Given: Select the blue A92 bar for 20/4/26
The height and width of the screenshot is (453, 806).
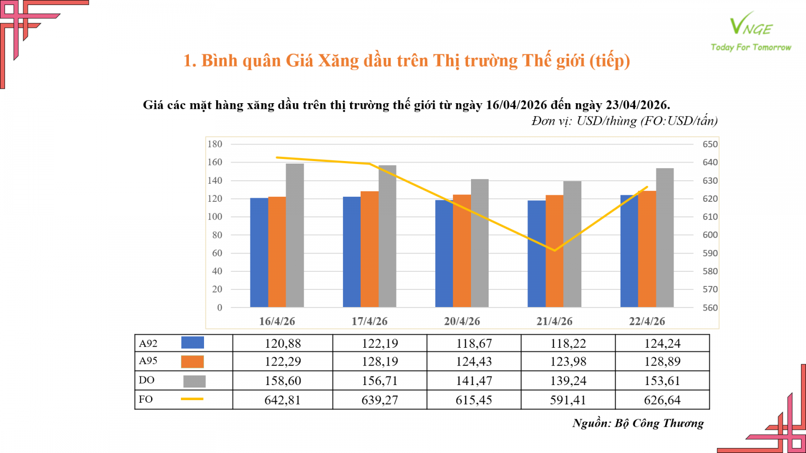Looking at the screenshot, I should [x=444, y=254].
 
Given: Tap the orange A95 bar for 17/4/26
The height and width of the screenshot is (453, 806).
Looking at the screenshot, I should [x=369, y=249].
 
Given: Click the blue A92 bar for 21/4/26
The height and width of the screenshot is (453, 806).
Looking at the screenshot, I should [x=536, y=254].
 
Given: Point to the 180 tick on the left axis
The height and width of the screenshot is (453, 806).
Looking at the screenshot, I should [x=215, y=144].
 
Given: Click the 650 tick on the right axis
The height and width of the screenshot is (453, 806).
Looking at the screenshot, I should [x=710, y=144].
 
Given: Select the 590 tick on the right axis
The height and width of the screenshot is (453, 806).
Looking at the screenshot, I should [x=710, y=253].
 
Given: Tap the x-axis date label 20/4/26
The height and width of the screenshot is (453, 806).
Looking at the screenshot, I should [x=462, y=321].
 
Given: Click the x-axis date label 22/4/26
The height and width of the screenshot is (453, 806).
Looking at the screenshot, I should [x=647, y=321].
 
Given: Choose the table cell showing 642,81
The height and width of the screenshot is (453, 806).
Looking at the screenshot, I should [x=283, y=400].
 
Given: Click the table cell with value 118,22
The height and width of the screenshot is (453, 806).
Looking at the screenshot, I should [x=568, y=343].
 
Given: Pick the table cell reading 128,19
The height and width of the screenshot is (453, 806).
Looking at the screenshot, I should [x=380, y=361].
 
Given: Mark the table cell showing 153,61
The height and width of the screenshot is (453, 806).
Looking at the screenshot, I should [x=662, y=381].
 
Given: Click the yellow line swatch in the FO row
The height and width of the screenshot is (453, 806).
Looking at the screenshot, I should [x=192, y=399].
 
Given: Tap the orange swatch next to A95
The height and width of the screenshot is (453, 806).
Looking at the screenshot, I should [x=192, y=361].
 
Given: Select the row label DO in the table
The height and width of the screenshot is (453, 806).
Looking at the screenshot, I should [x=147, y=380].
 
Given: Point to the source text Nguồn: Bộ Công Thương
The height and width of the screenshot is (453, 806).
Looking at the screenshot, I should [x=638, y=423].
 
